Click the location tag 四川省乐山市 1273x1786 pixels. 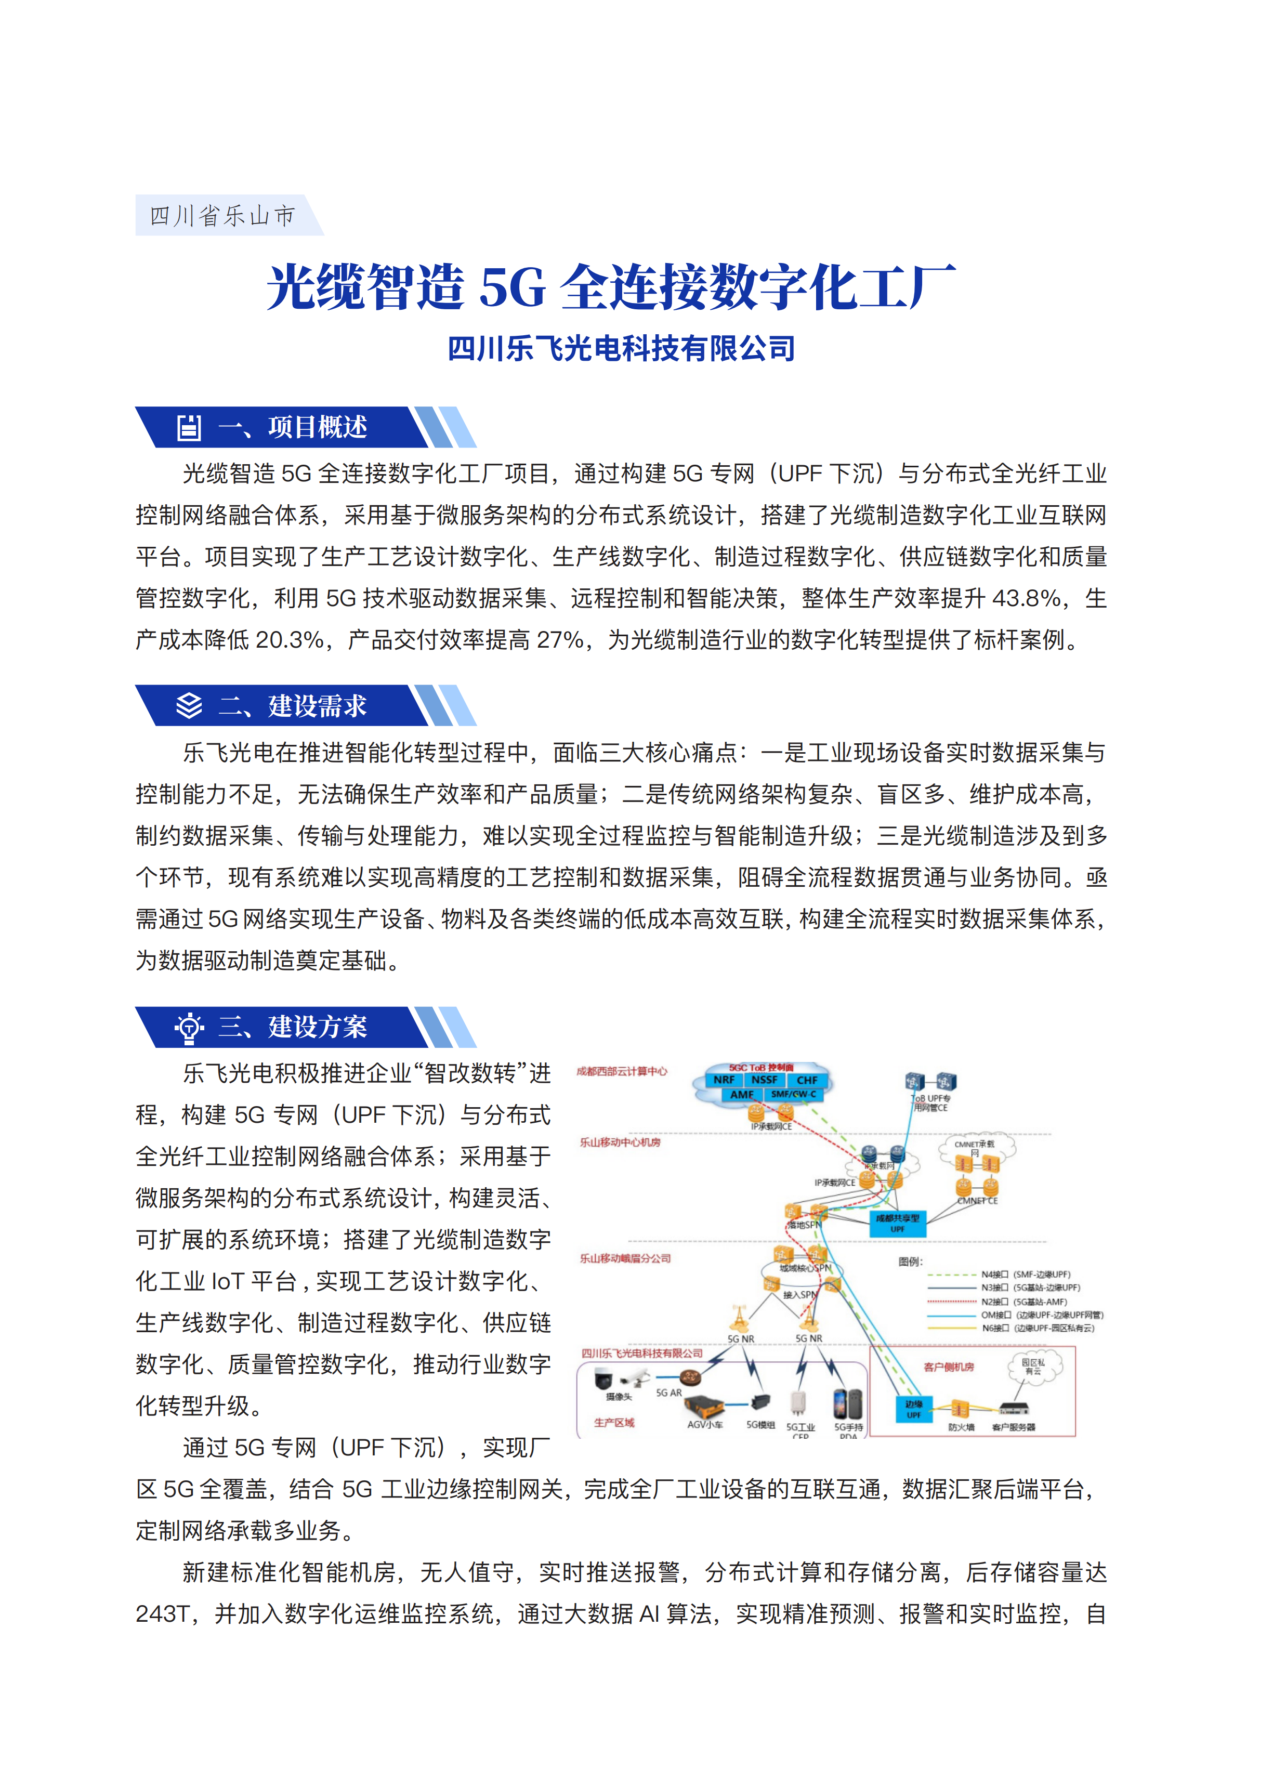pos(222,216)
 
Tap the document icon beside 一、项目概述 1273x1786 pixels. pos(189,427)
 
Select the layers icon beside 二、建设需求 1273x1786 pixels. pos(189,705)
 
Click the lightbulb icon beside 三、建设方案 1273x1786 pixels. pos(189,1027)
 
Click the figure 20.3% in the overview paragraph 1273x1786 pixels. pos(289,640)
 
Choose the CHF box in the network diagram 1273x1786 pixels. pos(807,1080)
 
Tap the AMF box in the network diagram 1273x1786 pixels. pos(742,1094)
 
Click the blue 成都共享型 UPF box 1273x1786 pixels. pos(898,1223)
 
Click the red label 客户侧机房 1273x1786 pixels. pos(949,1367)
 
